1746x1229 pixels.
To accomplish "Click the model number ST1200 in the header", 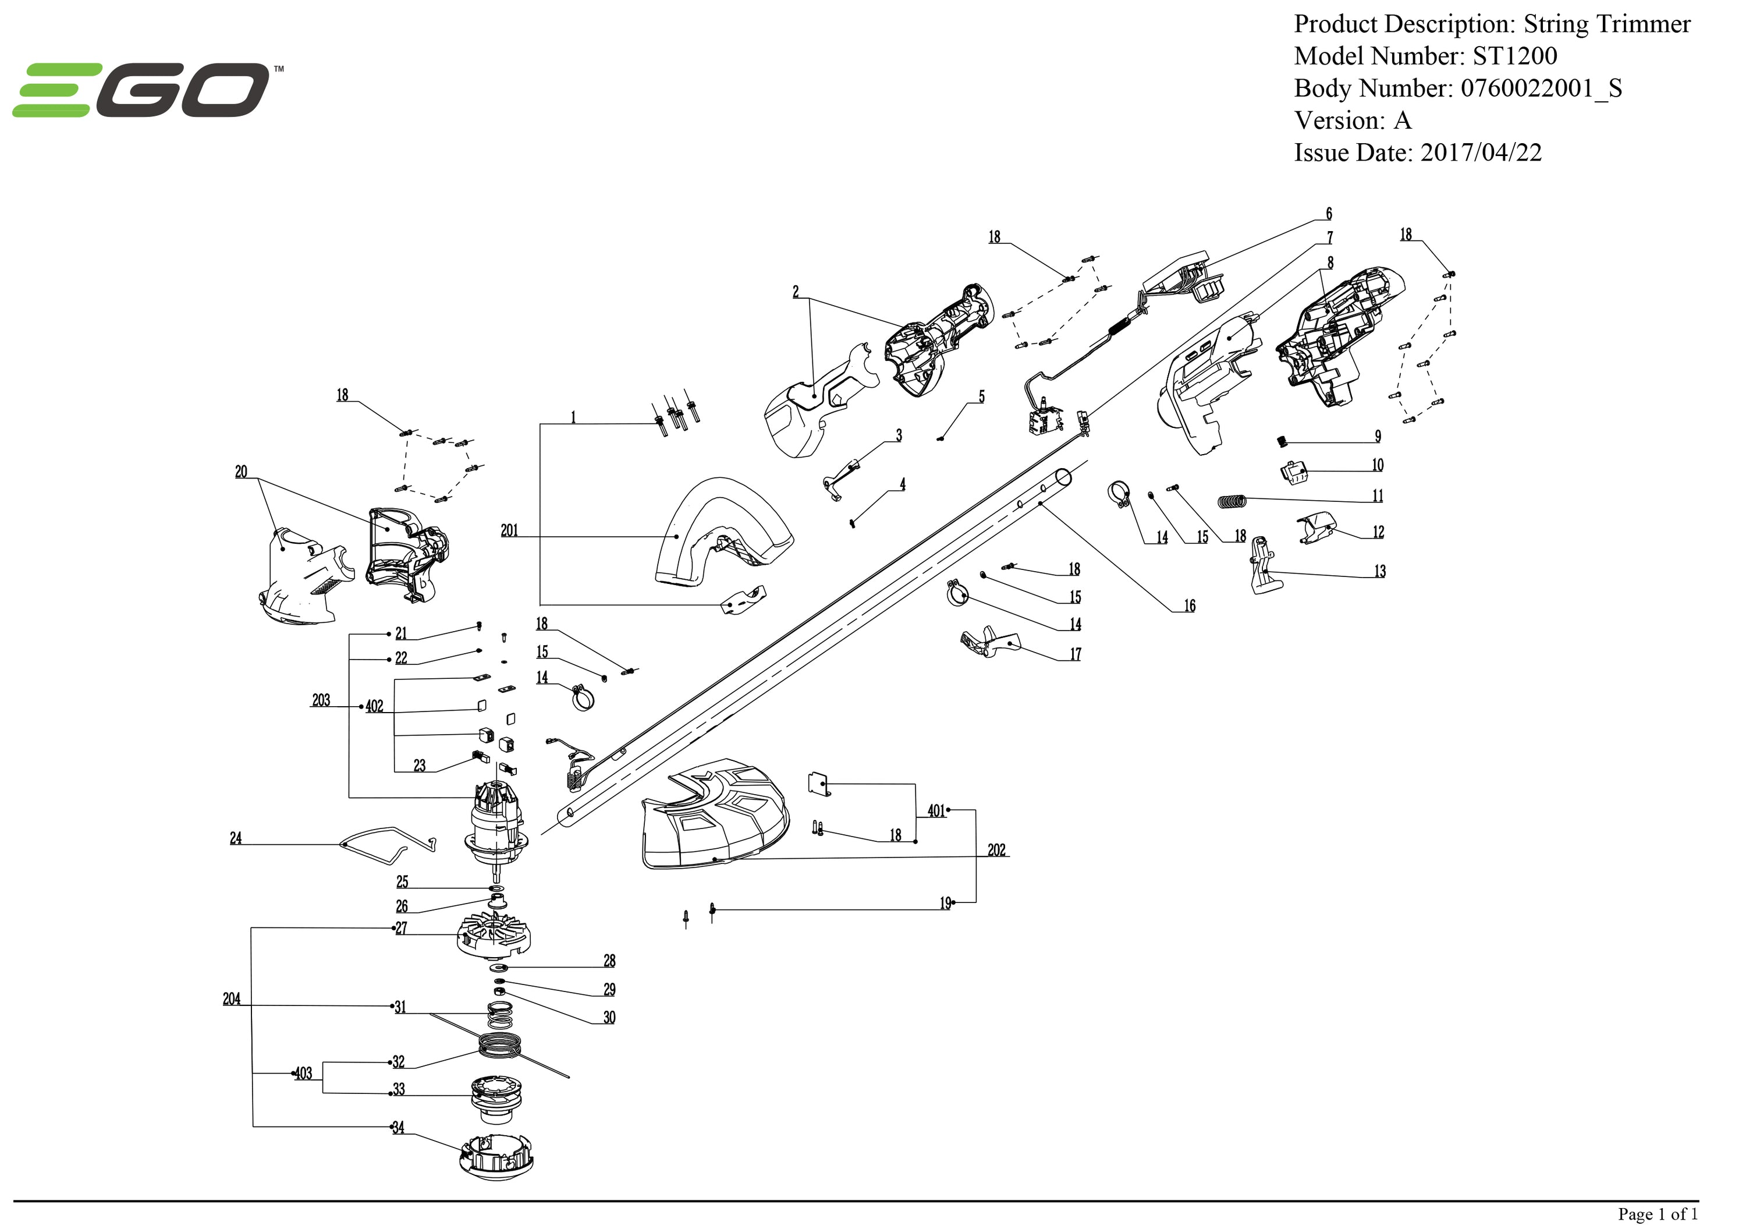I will (x=1514, y=56).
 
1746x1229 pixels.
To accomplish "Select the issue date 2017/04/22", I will (x=1481, y=153).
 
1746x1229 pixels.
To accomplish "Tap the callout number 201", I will (x=509, y=531).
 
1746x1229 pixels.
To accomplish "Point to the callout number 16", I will (x=1190, y=606).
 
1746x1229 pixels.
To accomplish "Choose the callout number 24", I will (x=236, y=838).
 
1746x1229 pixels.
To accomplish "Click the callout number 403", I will (x=303, y=1074).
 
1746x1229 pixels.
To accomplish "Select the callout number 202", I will (x=996, y=850).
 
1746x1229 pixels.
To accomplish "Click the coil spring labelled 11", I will (x=1233, y=501).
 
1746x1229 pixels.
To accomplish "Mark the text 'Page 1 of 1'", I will (x=1657, y=1214).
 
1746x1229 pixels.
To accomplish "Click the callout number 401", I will (x=936, y=811).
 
